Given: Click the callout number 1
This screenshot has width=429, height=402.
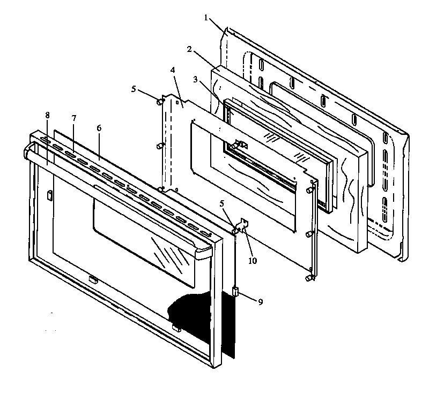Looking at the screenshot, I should click(x=206, y=17).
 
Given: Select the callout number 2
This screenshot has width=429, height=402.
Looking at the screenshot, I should click(x=189, y=49).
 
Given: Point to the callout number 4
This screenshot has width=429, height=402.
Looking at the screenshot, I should click(x=172, y=71).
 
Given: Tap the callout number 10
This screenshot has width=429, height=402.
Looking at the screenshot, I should click(x=252, y=261).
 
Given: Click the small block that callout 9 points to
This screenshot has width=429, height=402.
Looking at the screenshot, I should click(x=234, y=292).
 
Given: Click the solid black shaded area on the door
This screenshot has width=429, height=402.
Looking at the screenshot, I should click(x=204, y=321).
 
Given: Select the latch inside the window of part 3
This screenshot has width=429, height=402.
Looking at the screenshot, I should click(x=240, y=145).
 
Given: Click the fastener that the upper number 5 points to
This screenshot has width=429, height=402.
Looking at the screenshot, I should click(x=160, y=100).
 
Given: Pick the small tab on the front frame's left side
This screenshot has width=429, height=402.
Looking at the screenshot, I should click(x=49, y=195).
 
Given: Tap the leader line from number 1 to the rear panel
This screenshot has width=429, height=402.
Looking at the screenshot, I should click(x=218, y=27).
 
